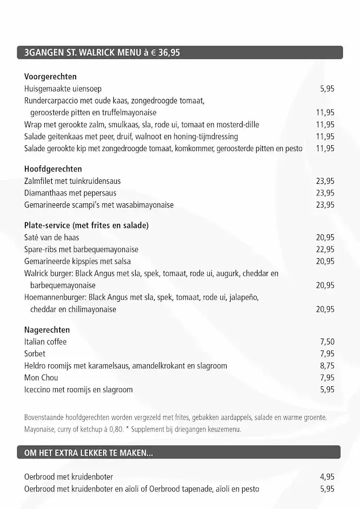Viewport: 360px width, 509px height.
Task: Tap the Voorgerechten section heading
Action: (50, 77)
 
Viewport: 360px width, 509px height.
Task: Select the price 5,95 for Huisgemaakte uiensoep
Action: (327, 89)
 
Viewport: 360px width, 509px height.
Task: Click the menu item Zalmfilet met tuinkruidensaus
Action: (72, 181)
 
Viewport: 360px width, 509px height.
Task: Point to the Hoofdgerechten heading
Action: (53, 169)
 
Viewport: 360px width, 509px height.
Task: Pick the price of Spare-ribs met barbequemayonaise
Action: (325, 250)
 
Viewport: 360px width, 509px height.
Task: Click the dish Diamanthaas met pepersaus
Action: (70, 193)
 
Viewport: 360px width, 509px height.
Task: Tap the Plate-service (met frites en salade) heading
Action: (86, 226)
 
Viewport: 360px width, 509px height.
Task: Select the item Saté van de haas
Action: (51, 238)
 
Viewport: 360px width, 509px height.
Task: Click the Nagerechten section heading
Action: (47, 330)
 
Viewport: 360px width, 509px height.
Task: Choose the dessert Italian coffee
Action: (45, 342)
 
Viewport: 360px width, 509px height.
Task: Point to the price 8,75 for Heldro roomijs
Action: (327, 366)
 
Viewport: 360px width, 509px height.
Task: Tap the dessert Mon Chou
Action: (41, 378)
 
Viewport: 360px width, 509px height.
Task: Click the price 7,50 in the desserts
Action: (327, 342)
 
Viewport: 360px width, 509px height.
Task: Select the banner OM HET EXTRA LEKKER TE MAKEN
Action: (89, 452)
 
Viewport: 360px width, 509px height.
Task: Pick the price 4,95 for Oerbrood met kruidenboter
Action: (327, 477)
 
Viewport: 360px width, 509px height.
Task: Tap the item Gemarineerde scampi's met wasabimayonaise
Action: (98, 205)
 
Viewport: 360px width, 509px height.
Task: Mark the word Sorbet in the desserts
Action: (35, 354)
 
